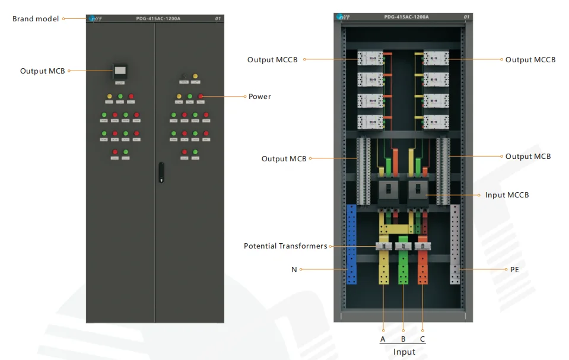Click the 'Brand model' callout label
36,19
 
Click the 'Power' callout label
259,97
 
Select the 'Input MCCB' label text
506,195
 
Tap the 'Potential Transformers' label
285,246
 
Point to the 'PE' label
514,269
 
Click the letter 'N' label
294,269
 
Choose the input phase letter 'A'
383,339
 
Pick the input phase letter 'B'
403,339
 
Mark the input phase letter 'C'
422,339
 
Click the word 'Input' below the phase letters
404,352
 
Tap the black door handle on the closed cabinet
160,171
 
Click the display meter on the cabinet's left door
120,72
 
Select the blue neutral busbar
351,244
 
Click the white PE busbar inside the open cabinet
455,244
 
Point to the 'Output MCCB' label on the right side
530,60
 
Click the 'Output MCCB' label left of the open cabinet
272,60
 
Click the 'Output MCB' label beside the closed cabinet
42,71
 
